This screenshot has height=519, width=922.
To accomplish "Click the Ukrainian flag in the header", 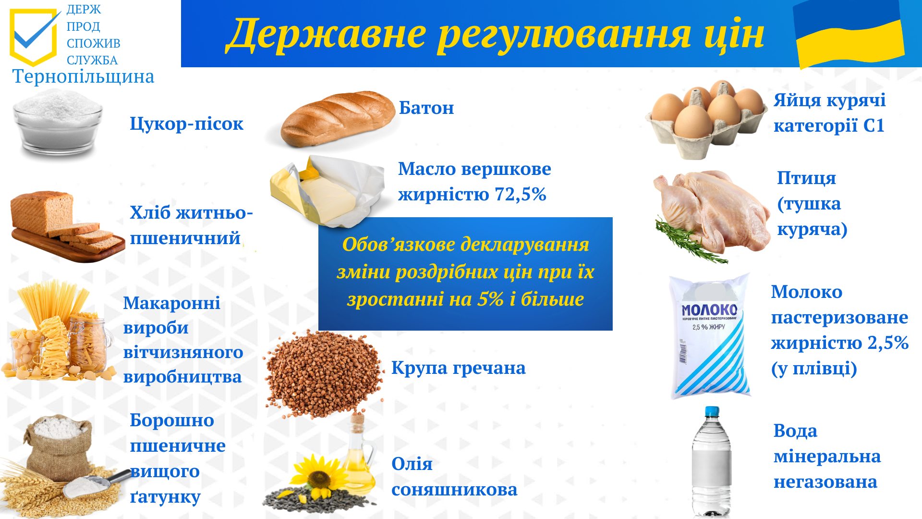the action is pos(849,34).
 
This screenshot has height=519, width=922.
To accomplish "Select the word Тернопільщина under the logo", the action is pos(84,76).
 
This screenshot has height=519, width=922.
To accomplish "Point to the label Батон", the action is pos(426,108).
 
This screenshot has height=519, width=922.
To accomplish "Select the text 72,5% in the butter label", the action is pos(521,194).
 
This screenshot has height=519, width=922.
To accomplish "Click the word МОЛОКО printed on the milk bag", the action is pos(709,309).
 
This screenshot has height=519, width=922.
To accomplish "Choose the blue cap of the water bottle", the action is pos(712,412).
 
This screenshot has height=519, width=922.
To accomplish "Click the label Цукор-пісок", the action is pos(186,124).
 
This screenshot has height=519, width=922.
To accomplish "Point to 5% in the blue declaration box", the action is pos(490,299).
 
